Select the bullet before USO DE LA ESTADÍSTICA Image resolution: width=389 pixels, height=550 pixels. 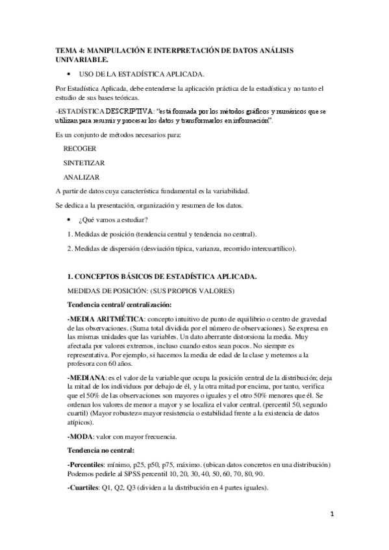click(68, 73)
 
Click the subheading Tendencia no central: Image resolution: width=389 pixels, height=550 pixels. click(101, 449)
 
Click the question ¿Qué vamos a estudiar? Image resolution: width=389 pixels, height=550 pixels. click(110, 220)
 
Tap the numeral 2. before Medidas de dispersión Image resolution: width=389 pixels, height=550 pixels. click(69, 248)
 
